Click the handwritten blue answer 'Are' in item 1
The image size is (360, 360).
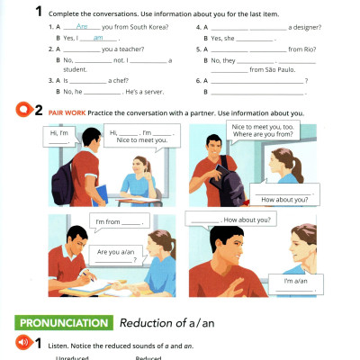click(83, 27)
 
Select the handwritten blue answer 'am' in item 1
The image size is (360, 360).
click(98, 38)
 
